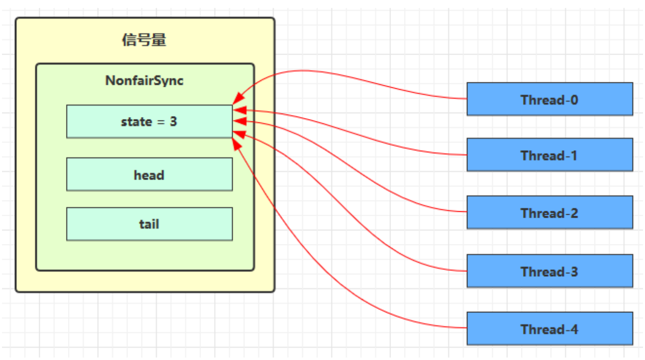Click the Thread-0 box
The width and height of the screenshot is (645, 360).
tap(549, 99)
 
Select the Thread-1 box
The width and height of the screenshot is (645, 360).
tap(549, 155)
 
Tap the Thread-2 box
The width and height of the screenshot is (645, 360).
tap(549, 213)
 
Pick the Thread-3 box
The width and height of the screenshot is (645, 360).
tap(549, 271)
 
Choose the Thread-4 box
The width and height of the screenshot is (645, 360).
tap(549, 329)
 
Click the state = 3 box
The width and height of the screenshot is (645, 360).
tap(149, 121)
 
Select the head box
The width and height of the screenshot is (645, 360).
tap(149, 175)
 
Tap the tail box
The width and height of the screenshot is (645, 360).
tap(149, 224)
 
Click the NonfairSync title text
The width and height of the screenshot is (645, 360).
tap(144, 81)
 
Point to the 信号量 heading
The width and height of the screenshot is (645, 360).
tap(144, 40)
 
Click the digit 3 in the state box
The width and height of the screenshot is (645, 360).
tap(173, 121)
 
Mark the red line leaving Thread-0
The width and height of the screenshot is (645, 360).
tap(397, 90)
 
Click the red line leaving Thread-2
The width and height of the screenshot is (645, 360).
tap(397, 194)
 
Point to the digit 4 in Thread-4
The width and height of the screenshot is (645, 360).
tap(574, 329)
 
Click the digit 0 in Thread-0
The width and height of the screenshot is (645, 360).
tap(574, 100)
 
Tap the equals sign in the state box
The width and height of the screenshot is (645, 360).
tap(161, 122)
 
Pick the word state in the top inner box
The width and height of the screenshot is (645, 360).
tap(136, 121)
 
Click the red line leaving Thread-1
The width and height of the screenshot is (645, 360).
tap(397, 141)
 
